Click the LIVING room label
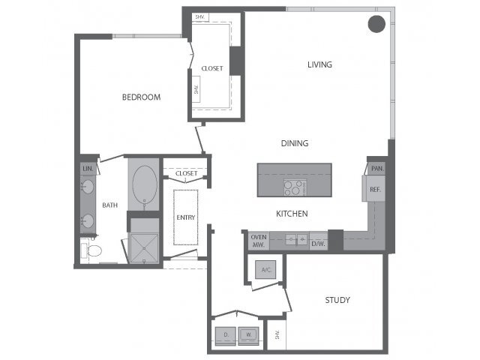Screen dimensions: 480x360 (x=319, y=64)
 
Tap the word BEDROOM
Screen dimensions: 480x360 (x=141, y=97)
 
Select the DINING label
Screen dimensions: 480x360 (x=295, y=143)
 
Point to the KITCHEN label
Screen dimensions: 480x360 (x=292, y=214)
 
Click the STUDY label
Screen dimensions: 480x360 (x=337, y=300)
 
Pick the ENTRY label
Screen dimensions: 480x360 (x=185, y=217)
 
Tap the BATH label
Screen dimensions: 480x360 (x=110, y=205)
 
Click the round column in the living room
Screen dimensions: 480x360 (x=376, y=24)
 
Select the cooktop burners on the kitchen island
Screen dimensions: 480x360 (x=295, y=187)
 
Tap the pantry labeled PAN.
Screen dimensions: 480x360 (x=376, y=169)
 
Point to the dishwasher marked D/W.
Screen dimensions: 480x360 (x=318, y=241)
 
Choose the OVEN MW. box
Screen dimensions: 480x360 (x=259, y=241)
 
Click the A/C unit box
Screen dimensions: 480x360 (x=265, y=270)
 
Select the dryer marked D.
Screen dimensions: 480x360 (x=226, y=335)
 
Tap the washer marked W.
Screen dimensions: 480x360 (x=248, y=335)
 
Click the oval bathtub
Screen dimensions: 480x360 (x=145, y=184)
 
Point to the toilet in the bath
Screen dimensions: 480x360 (x=91, y=251)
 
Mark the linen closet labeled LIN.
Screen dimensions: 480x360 (x=88, y=169)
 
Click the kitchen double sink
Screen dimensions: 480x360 (x=296, y=239)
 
